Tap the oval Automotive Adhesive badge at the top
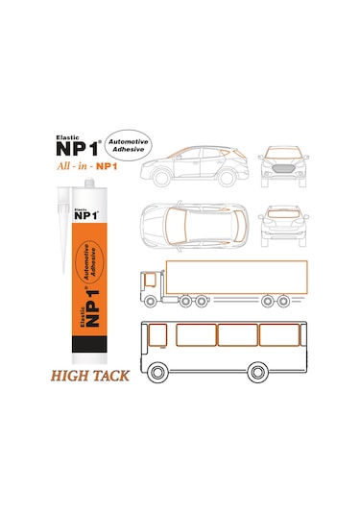[x=126, y=144]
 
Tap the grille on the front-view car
[x=284, y=167]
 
